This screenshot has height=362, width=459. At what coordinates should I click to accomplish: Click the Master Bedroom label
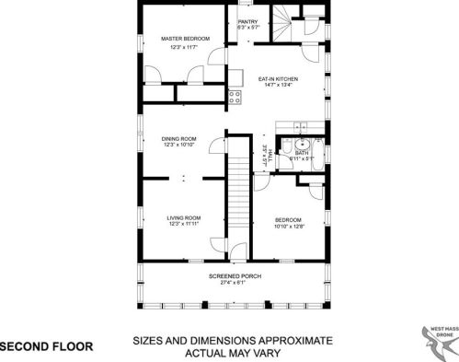[x=185, y=39]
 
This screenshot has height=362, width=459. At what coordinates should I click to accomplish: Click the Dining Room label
[x=180, y=139]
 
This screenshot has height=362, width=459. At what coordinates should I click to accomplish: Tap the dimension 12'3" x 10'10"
[x=180, y=146]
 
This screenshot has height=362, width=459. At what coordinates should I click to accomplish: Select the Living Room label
[x=183, y=217]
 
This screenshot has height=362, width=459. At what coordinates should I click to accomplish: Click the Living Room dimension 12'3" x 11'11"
[x=183, y=224]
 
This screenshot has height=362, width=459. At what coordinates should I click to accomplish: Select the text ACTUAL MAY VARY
[x=231, y=352]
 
